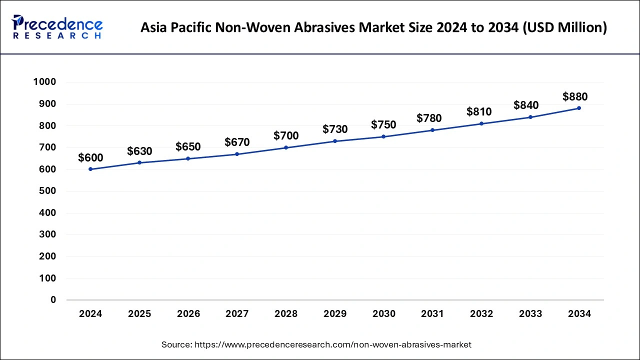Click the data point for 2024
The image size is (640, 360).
(x=90, y=169)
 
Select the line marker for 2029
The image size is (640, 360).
(x=335, y=141)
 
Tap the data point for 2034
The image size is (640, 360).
(x=579, y=108)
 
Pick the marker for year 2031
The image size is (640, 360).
(x=432, y=130)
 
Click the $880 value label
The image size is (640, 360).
(x=575, y=96)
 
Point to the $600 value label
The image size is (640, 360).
(x=90, y=158)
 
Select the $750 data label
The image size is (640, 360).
(x=383, y=125)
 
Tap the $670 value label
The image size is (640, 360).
(x=237, y=142)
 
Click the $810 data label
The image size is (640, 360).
(x=479, y=111)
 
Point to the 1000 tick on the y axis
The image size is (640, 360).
(x=44, y=82)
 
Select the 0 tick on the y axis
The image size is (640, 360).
(x=53, y=300)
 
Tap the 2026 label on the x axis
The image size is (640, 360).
(x=188, y=314)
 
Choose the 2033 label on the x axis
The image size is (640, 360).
(x=530, y=314)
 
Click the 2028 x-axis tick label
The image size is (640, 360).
(x=286, y=314)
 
